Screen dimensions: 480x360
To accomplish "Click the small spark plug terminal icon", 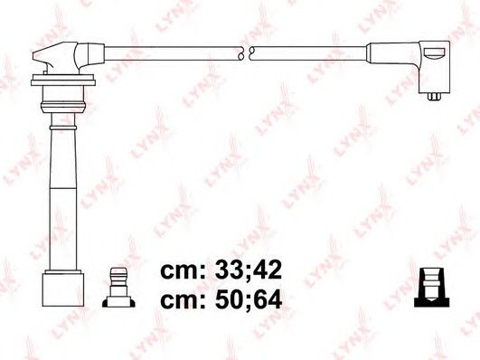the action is pos(118,288).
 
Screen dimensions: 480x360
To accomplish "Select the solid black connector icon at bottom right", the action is pos(431,288).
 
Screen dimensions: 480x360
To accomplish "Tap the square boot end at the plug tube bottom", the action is pos(63,288).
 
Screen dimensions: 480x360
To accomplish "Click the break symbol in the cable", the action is pos(246,52).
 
